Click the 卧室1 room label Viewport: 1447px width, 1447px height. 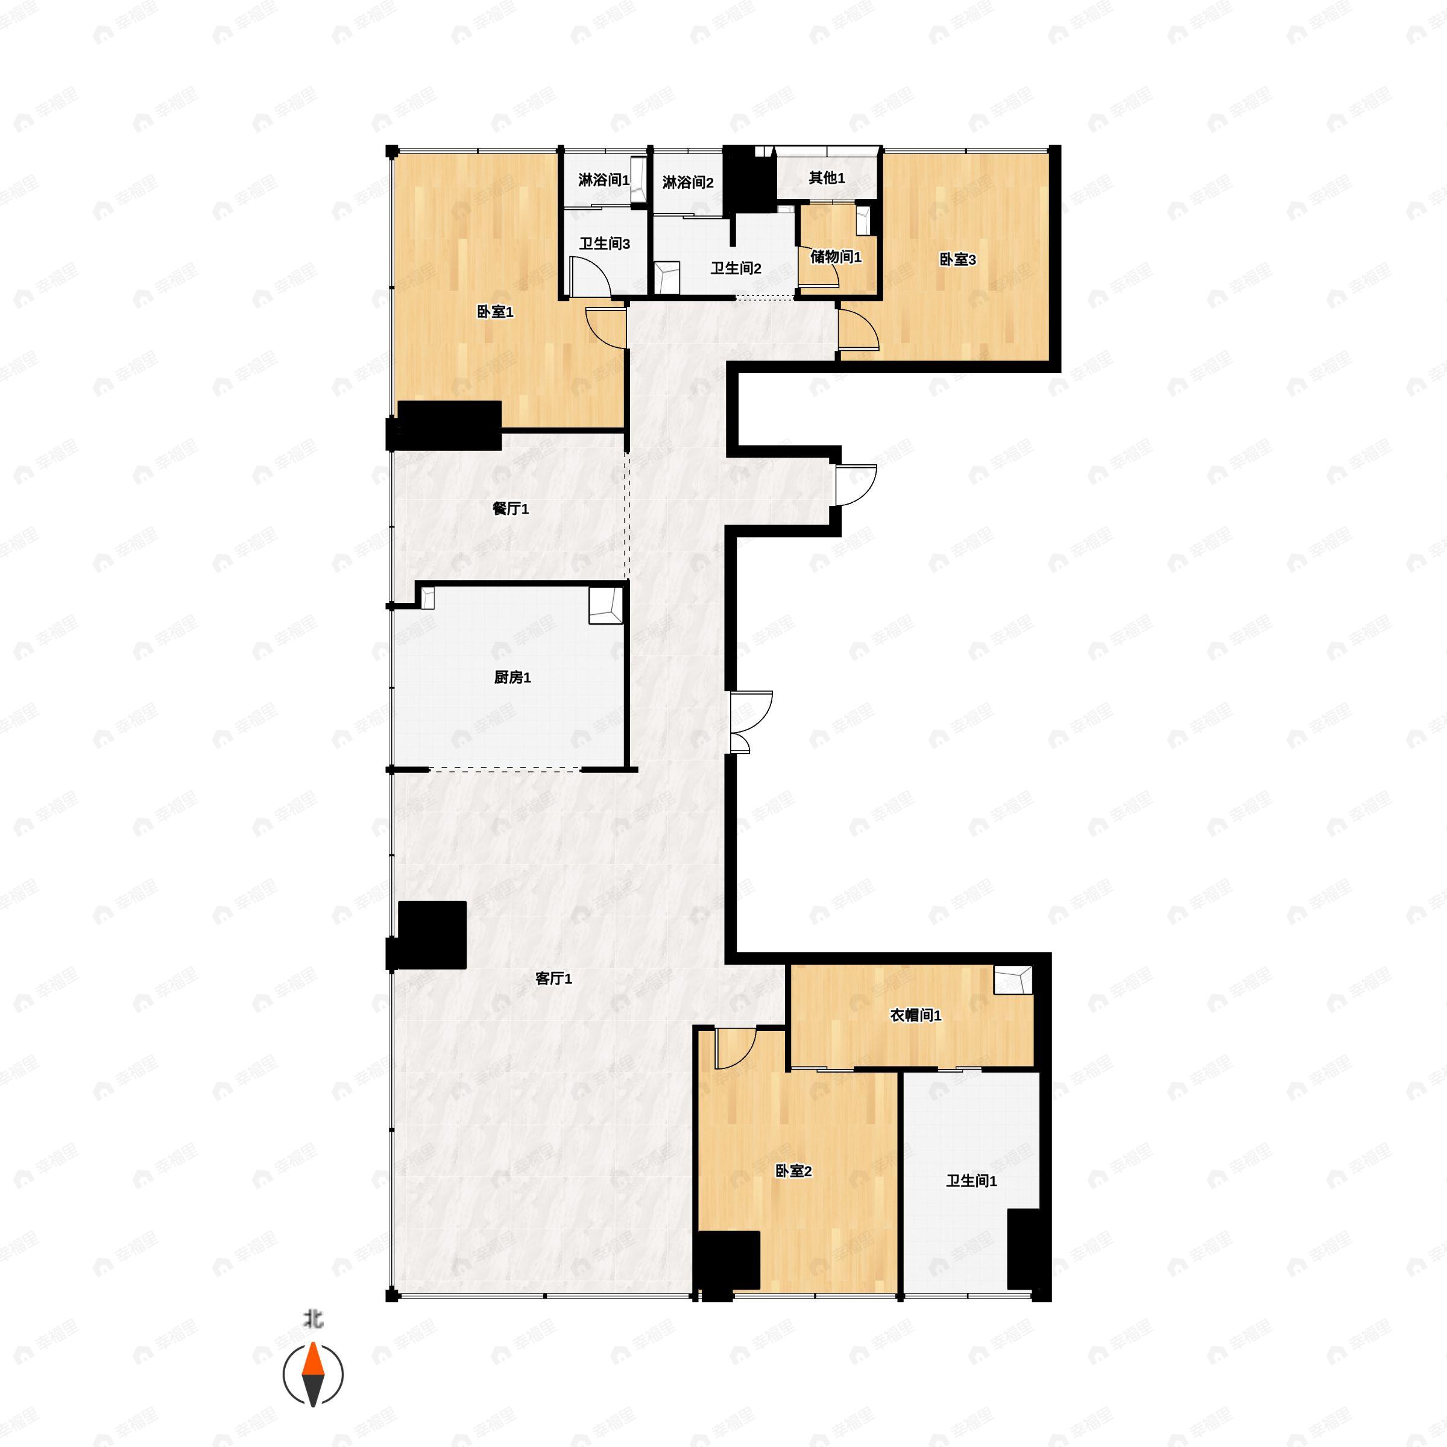pyautogui.click(x=495, y=312)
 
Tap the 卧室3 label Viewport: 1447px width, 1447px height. pyautogui.click(x=957, y=260)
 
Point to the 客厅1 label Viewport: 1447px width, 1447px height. pyautogui.click(x=553, y=978)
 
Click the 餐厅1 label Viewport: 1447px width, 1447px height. pyautogui.click(x=510, y=508)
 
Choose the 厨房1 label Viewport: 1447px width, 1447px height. pyautogui.click(x=512, y=677)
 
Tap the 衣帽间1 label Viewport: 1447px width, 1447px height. pyautogui.click(x=915, y=1015)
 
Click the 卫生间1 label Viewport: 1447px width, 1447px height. pyautogui.click(x=971, y=1181)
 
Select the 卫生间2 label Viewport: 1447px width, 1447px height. pyautogui.click(x=736, y=268)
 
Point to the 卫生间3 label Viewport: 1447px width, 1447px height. pyautogui.click(x=604, y=244)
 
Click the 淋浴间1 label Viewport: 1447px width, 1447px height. pyautogui.click(x=604, y=180)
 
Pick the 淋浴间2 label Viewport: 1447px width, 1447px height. pyautogui.click(x=687, y=182)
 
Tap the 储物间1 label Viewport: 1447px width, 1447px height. pyautogui.click(x=836, y=257)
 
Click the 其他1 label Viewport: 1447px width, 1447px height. pyautogui.click(x=827, y=177)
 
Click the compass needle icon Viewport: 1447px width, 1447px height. pyautogui.click(x=313, y=1375)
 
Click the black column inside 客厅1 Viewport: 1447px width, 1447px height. pyautogui.click(x=432, y=935)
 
